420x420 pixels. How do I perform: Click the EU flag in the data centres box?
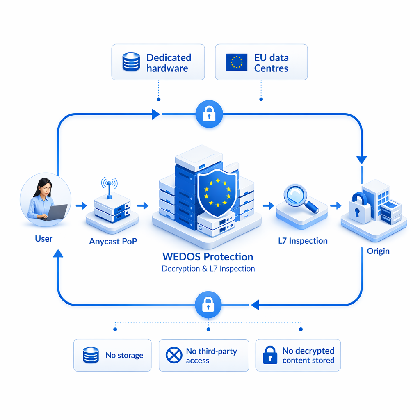[x=237, y=62]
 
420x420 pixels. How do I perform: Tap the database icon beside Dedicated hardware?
[x=131, y=62]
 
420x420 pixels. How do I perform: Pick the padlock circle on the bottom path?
[x=208, y=304]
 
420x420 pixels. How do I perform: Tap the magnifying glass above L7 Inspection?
[x=300, y=198]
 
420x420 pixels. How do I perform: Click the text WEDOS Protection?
[x=208, y=257]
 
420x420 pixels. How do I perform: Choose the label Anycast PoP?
[x=113, y=242]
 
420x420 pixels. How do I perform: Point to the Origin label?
[x=378, y=251]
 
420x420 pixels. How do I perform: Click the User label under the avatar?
[x=44, y=238]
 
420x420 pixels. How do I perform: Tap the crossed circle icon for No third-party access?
[x=174, y=355]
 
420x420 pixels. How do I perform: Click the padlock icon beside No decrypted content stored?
[x=269, y=355]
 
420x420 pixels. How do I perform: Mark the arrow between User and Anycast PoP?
[x=81, y=205]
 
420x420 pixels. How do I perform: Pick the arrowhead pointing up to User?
[x=58, y=253]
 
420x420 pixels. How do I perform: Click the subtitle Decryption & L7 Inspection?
[x=208, y=269]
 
